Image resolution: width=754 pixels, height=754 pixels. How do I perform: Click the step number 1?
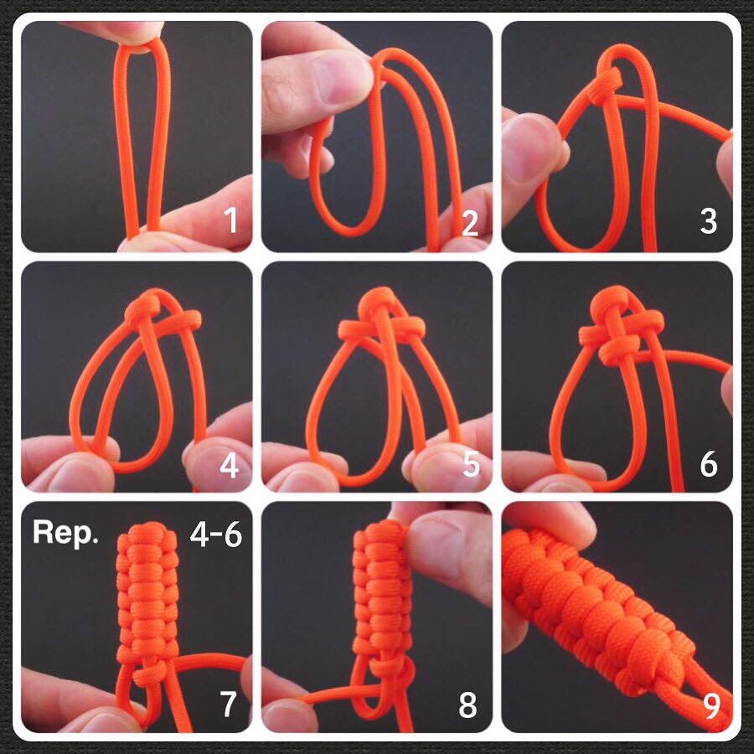tap(231, 220)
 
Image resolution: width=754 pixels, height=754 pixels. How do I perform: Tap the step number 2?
tap(470, 223)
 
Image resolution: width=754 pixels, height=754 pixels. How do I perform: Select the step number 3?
tap(708, 221)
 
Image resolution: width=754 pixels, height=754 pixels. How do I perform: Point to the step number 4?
tap(229, 465)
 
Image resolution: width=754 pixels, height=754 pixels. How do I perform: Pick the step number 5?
tap(471, 464)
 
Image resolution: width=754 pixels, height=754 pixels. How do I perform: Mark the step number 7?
tap(229, 704)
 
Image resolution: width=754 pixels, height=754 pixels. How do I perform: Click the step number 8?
tap(467, 705)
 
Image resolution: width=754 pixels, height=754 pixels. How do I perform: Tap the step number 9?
tap(711, 705)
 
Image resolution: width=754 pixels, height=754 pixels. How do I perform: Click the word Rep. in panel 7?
tap(65, 533)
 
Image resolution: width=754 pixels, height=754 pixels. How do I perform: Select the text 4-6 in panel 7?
tap(216, 534)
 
